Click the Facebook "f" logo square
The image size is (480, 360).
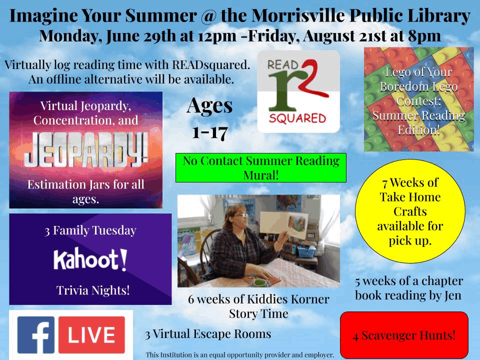pyautogui.click(x=36, y=335)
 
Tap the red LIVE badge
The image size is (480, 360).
pyautogui.click(x=91, y=335)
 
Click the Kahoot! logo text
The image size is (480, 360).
pyautogui.click(x=90, y=260)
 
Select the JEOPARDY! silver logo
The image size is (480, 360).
pyautogui.click(x=85, y=150)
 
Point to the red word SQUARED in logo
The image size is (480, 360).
pyautogui.click(x=297, y=118)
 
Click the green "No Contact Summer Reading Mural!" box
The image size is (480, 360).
pyautogui.click(x=261, y=168)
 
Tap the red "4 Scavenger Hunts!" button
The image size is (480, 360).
pyautogui.click(x=404, y=335)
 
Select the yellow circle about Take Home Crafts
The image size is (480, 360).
pyautogui.click(x=410, y=211)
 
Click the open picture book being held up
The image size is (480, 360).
pyautogui.click(x=283, y=224)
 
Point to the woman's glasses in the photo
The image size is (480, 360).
pyautogui.click(x=242, y=215)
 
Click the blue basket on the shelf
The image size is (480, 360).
pyautogui.click(x=306, y=251)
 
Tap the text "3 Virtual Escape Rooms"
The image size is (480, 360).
pyautogui.click(x=208, y=334)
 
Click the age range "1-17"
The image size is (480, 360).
pyautogui.click(x=210, y=132)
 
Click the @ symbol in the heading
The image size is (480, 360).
pyautogui.click(x=208, y=16)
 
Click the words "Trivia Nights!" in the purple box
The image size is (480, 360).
pyautogui.click(x=93, y=290)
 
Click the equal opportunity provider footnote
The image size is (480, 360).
pyautogui.click(x=239, y=355)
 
